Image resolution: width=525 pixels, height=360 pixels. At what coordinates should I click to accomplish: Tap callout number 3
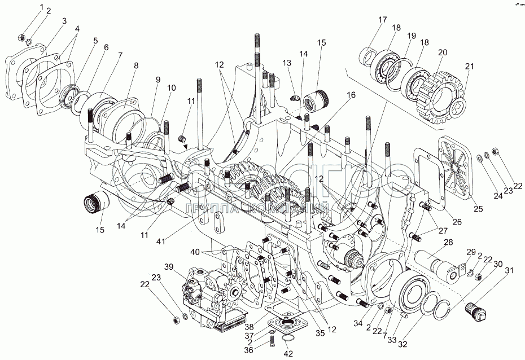click(x=64, y=21)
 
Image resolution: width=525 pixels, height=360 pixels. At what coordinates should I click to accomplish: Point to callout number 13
click(x=287, y=62)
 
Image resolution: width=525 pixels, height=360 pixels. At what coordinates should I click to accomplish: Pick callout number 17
click(x=382, y=20)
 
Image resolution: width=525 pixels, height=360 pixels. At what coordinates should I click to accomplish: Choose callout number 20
click(x=442, y=52)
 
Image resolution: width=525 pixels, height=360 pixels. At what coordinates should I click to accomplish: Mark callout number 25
click(x=478, y=209)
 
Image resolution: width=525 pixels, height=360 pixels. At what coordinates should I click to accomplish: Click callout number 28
click(x=449, y=243)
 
